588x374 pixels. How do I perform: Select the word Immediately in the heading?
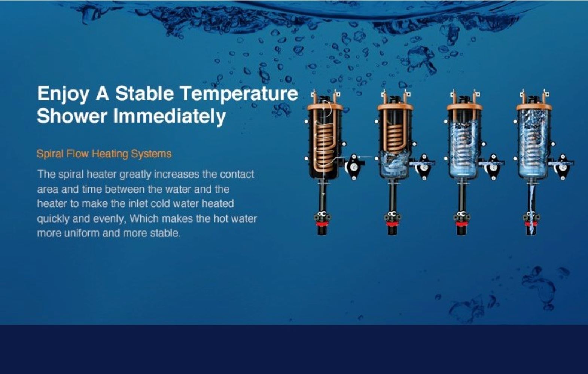[x=170, y=116]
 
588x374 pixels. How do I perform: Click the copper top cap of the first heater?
[x=325, y=107]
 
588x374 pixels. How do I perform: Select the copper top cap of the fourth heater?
[x=534, y=107]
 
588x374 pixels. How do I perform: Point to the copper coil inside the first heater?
[x=325, y=147]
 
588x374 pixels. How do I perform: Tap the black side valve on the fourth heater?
[x=562, y=167]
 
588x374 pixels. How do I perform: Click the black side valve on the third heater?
[x=493, y=167]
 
